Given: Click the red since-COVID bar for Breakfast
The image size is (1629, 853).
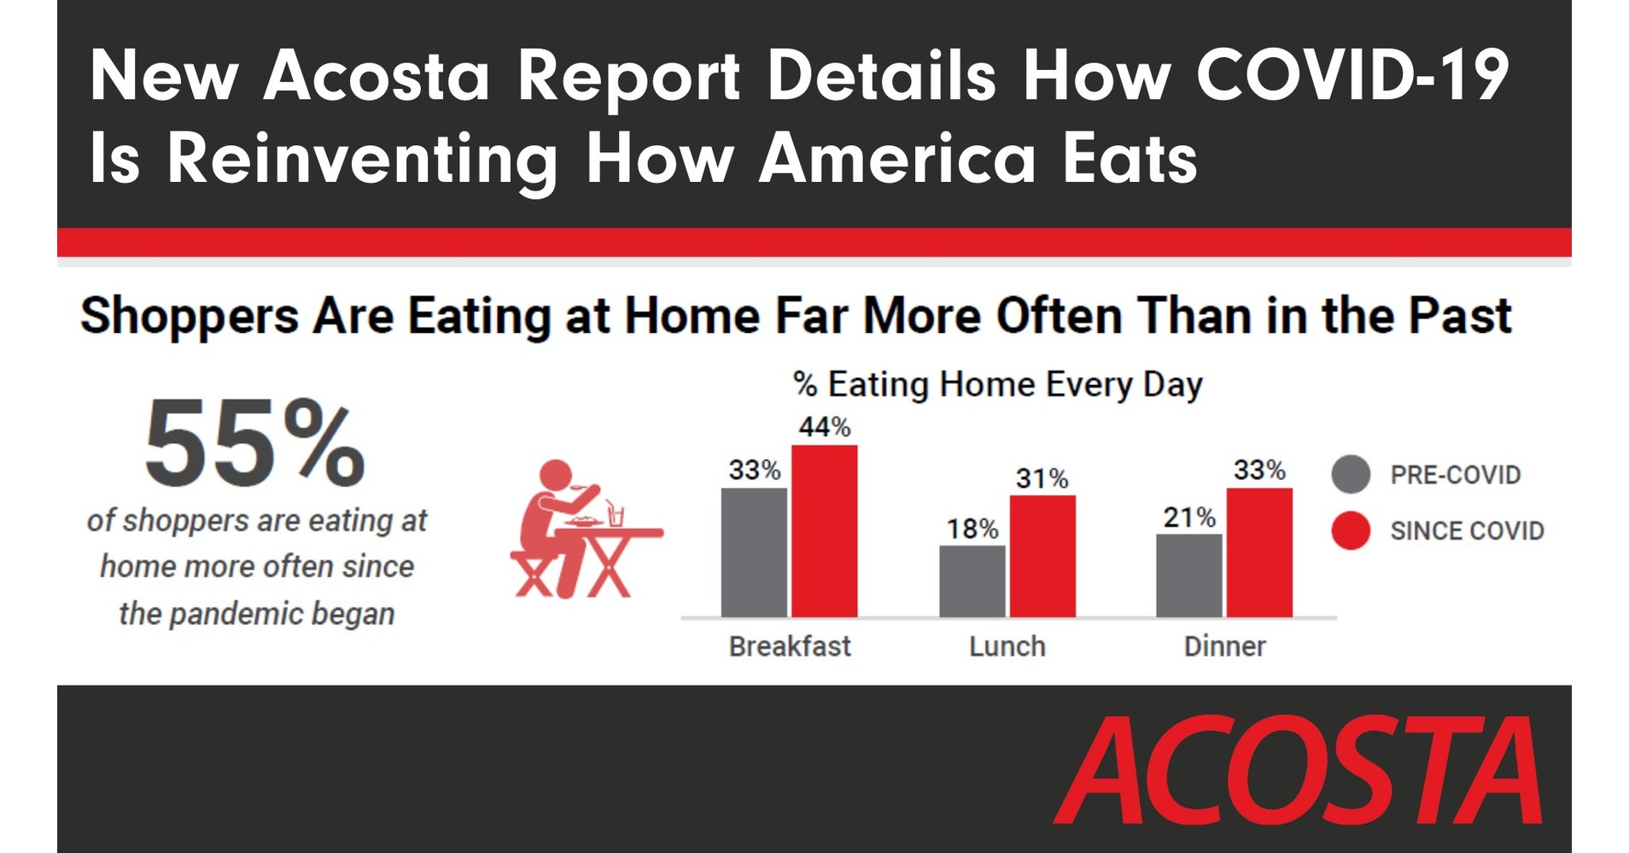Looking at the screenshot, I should pos(824,530).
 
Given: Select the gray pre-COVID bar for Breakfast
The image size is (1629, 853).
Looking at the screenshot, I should pos(754,552).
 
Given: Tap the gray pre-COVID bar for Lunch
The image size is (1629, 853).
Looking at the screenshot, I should pos(972,581).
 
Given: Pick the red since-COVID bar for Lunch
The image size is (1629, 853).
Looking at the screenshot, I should pos(1042,556).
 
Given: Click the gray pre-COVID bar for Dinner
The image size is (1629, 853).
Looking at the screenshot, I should pos(1188,575).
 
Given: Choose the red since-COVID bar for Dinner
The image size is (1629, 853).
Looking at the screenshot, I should pos(1259,552).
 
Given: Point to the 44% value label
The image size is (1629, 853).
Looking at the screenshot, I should pos(824,427).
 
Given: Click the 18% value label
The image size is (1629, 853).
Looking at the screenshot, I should pos(972,529).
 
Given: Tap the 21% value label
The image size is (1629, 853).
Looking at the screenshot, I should pos(1188,517).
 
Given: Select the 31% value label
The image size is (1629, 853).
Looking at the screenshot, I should pos(1042,478).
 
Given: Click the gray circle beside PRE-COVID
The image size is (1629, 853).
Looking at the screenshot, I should pos(1351,474).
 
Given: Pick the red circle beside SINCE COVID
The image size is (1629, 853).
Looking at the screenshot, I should pos(1351,530).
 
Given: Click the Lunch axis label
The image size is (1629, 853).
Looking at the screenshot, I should pos(1007,646).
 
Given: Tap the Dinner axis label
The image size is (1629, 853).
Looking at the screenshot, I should pos(1224,646).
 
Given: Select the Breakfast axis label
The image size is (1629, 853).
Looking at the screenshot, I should pos(790,646).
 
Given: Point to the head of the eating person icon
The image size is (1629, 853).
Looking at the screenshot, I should pos(556,475).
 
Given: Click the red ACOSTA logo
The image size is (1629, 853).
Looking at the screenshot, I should pos(1298,771).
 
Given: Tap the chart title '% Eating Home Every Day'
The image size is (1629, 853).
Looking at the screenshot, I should pos(997,384).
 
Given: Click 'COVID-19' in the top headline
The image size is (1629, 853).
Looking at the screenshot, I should pos(1352,75).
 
